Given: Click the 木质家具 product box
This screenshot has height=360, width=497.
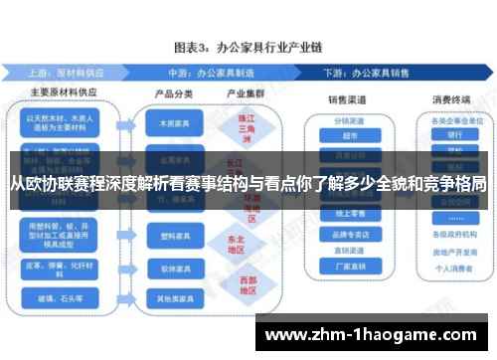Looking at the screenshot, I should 170,126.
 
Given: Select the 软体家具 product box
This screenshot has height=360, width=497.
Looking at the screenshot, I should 170,269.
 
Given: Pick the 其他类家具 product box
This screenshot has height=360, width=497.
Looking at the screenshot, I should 170,298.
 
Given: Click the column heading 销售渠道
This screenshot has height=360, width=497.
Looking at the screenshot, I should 349,99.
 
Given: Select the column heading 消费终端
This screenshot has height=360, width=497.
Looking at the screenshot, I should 453,99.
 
